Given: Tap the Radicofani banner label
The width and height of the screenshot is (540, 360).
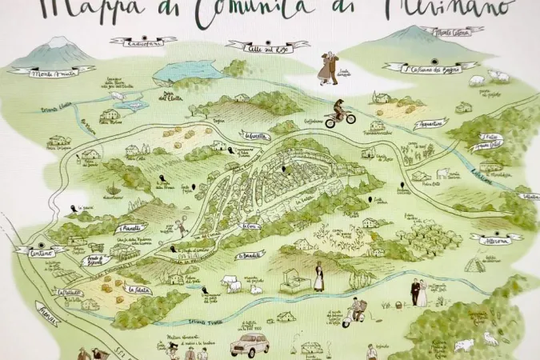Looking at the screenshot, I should point(143,41).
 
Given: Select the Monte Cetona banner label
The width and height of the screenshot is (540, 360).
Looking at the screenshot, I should point(452,32).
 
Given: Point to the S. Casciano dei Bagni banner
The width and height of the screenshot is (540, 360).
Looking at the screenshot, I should point(429,68).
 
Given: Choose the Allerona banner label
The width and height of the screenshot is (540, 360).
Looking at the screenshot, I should point(496,238).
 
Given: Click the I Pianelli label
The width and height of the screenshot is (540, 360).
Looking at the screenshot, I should point(131,227).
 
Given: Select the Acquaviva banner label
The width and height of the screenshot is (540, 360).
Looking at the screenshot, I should point(431,124).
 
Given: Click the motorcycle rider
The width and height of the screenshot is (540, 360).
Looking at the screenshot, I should point(339,113).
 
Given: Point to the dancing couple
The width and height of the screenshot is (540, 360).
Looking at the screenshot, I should point(328,67).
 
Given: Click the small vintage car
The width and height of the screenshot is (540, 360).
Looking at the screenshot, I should point(250,344).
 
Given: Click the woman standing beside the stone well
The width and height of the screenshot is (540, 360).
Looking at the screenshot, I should point(318,276).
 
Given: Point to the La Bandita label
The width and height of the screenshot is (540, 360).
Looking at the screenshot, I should point(250,255).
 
